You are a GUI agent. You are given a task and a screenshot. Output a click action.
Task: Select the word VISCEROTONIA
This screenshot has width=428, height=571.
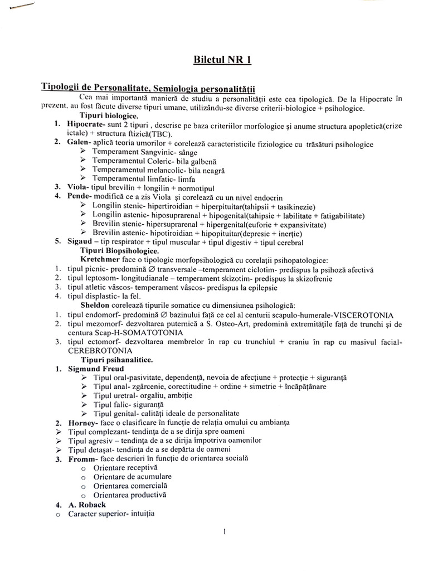coord(362,314)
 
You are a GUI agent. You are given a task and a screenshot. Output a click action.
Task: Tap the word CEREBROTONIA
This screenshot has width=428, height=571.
coord(100,351)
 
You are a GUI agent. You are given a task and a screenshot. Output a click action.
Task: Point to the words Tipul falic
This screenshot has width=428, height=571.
coord(111,404)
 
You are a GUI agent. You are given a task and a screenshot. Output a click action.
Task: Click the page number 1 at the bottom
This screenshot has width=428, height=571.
coord(223,532)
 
